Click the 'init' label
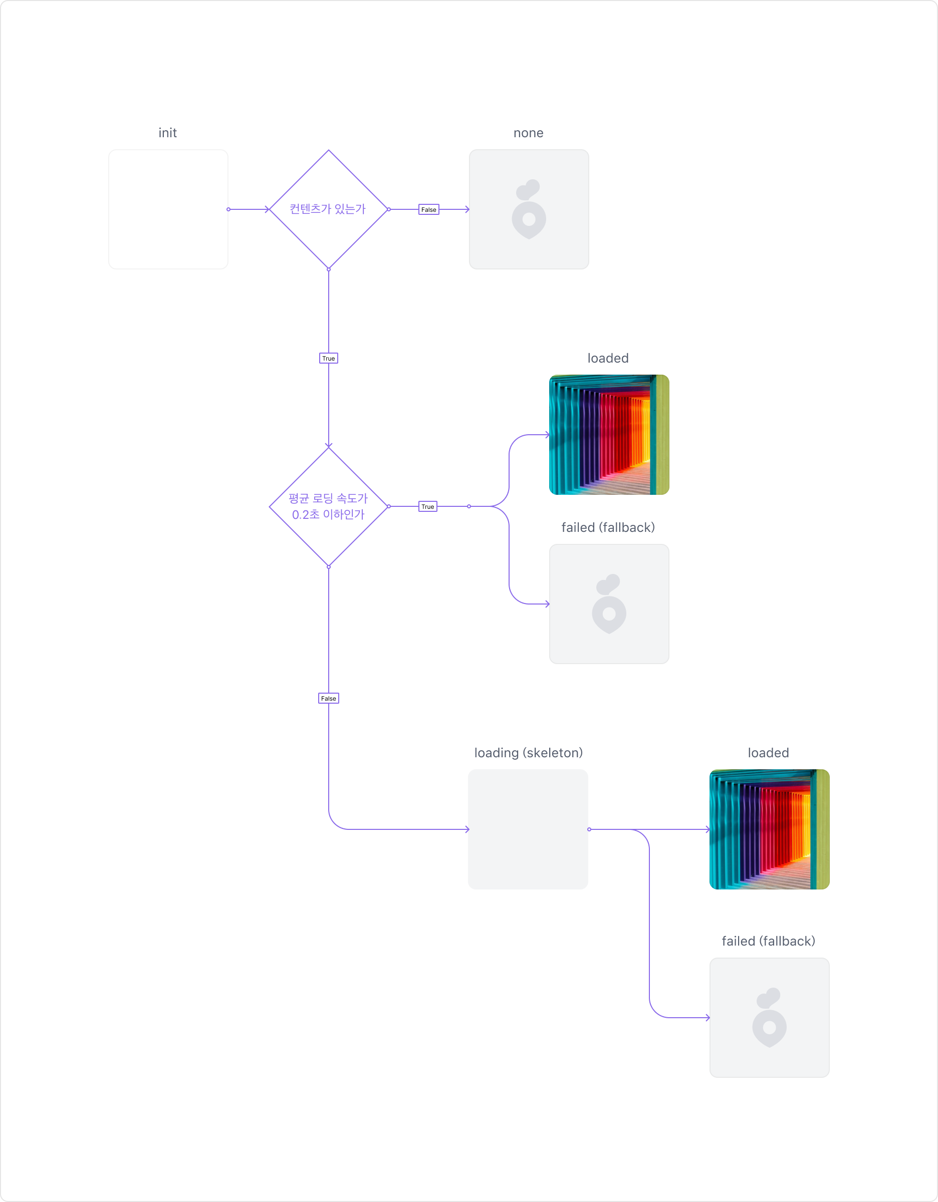tap(167, 133)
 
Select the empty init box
tap(168, 209)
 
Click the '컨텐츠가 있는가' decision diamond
tap(328, 209)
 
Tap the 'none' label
tap(528, 133)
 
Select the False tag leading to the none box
tap(428, 210)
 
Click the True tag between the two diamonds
tap(328, 358)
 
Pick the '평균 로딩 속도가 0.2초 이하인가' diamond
tap(328, 506)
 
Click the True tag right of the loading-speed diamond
tap(428, 506)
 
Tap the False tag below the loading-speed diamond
tap(328, 699)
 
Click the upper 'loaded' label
tap(608, 358)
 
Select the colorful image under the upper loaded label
tap(609, 435)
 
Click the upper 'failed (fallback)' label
tap(608, 527)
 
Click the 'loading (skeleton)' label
tap(528, 752)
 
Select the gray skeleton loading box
tap(528, 829)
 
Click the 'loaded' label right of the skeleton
tap(768, 752)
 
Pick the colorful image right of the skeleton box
tap(769, 829)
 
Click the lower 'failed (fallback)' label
tap(768, 941)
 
